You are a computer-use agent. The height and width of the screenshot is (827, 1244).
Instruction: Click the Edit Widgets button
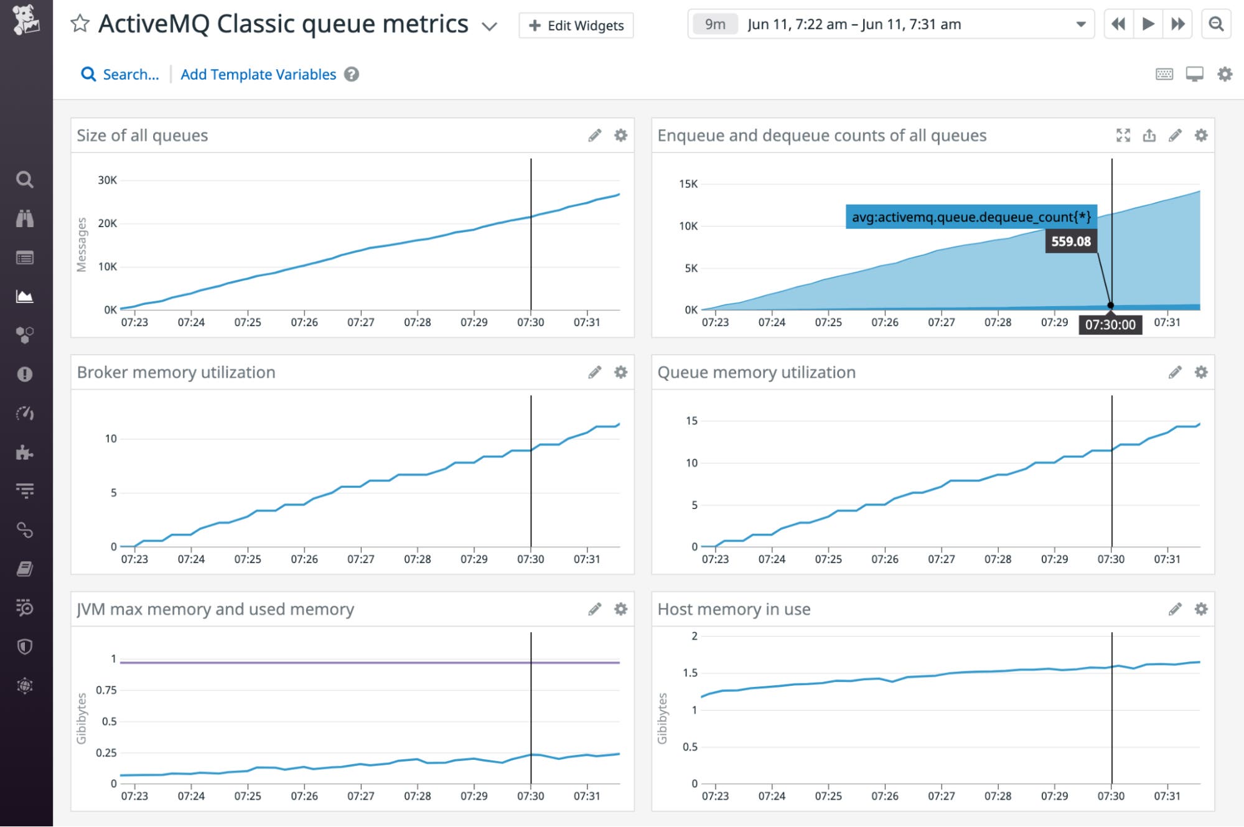(576, 26)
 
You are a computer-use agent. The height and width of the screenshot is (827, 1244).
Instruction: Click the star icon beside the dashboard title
(80, 24)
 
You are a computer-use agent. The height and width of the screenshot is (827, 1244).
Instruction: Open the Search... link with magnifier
(120, 75)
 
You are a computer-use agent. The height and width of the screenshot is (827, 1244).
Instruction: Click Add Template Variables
(258, 75)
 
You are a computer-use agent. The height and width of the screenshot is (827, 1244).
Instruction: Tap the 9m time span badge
(714, 24)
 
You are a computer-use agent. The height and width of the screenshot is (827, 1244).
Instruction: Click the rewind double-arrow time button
(1118, 24)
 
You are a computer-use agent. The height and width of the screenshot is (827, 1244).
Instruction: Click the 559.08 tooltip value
(1070, 241)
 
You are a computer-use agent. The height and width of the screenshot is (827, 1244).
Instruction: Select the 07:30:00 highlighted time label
(1110, 325)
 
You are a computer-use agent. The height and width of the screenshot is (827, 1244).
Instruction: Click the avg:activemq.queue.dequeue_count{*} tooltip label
(970, 217)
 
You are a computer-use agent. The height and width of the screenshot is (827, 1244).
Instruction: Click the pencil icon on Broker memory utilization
(594, 372)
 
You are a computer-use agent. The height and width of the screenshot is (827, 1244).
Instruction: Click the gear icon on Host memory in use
(1200, 609)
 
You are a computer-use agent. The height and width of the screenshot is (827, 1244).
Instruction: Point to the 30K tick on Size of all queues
(107, 180)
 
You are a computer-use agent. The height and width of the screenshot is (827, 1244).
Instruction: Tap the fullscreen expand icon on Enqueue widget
(1123, 136)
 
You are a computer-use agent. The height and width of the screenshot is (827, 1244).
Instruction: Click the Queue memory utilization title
(756, 372)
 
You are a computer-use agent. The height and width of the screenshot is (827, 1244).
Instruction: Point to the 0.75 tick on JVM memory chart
(106, 690)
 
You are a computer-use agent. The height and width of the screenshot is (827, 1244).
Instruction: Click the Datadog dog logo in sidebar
(26, 20)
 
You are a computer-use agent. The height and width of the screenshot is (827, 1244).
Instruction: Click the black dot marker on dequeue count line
(1110, 306)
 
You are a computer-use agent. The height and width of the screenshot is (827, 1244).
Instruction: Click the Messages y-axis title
(82, 245)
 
